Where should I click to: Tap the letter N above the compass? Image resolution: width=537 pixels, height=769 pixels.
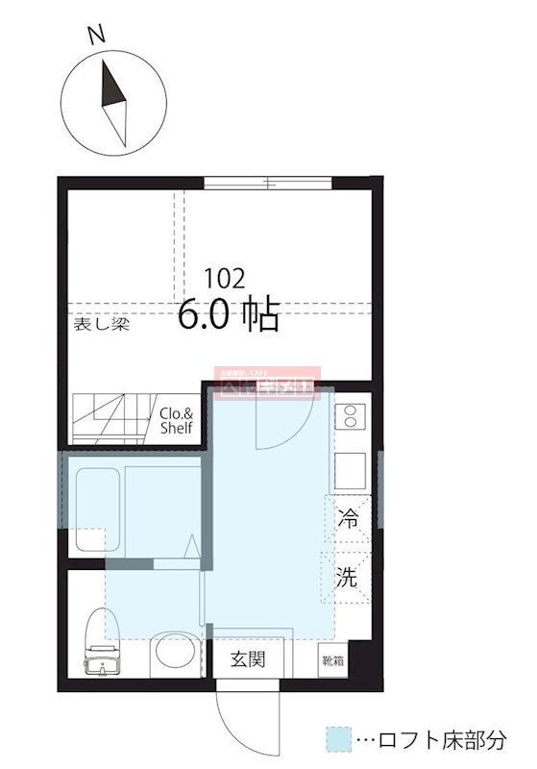[x=95, y=36]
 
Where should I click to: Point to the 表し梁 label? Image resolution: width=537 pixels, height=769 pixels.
[x=101, y=324]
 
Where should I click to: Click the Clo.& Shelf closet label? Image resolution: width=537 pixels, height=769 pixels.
[x=177, y=421]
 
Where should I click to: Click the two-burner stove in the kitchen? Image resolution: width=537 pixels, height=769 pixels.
[x=349, y=417]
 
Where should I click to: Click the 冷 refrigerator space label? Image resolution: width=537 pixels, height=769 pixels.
[x=347, y=520]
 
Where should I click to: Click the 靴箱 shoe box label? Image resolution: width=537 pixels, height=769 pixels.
[x=333, y=661]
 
